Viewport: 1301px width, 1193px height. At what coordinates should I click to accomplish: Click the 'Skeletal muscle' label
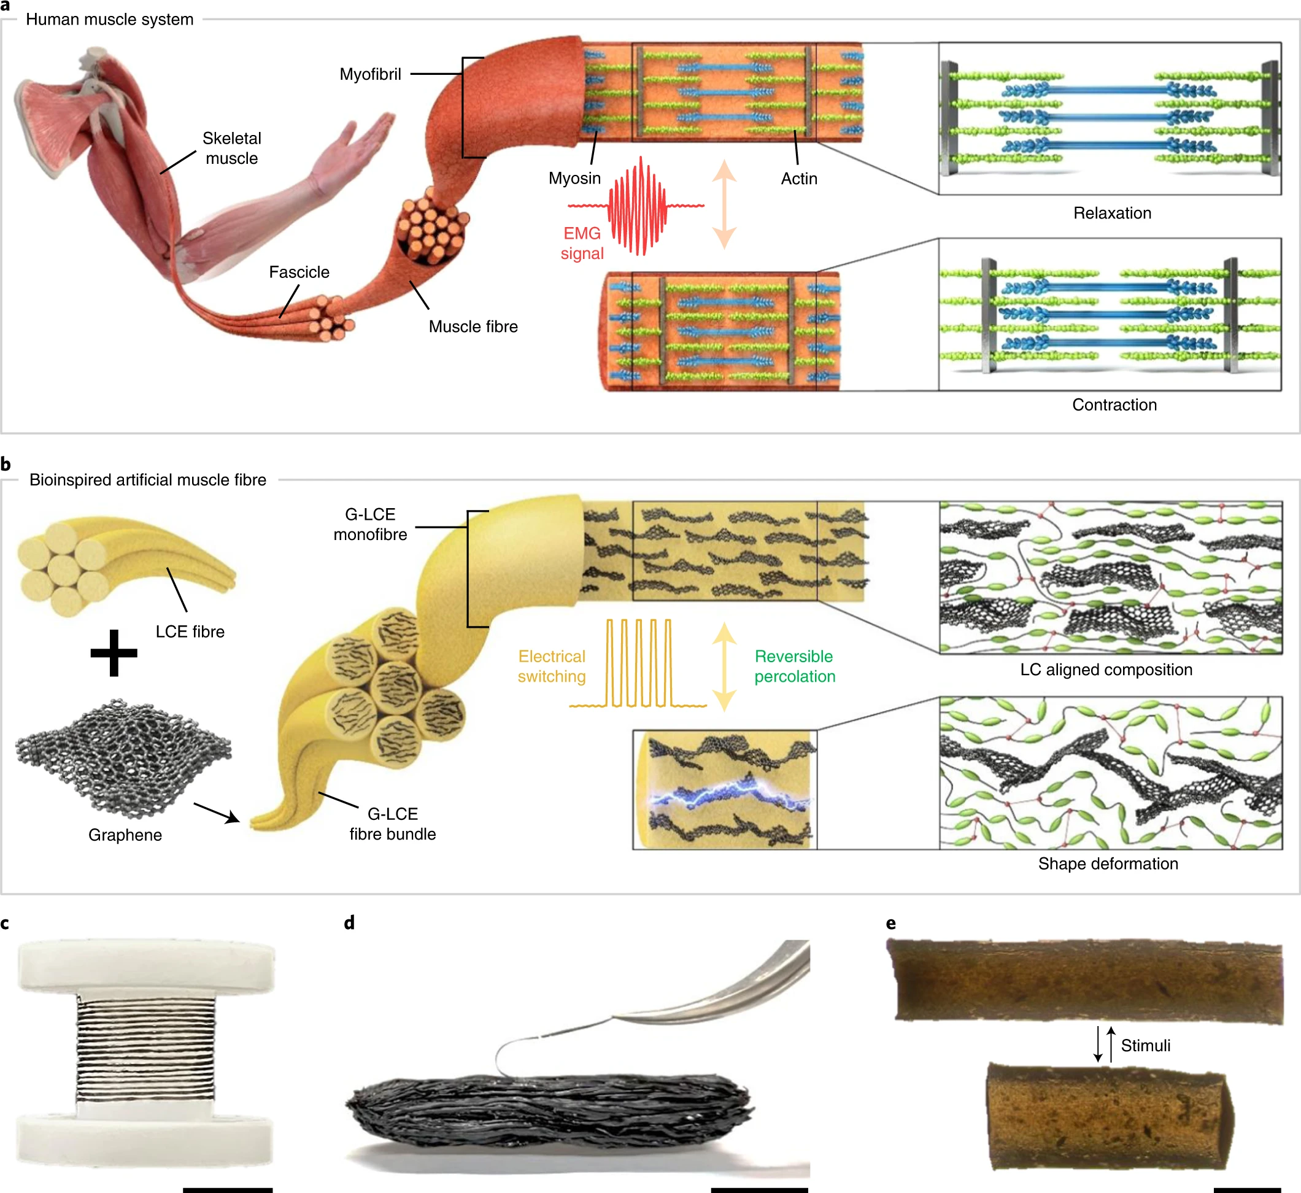click(x=231, y=148)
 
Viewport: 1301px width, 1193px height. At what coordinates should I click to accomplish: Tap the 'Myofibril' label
click(x=370, y=74)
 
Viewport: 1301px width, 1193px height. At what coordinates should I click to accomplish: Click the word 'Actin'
click(x=798, y=179)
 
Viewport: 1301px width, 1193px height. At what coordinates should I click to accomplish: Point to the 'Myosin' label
click(x=574, y=178)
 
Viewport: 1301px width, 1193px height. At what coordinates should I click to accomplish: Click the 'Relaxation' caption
click(x=1112, y=213)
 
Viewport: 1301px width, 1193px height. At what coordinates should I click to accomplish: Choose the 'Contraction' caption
click(x=1114, y=405)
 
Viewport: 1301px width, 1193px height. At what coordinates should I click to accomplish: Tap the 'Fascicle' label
click(x=299, y=272)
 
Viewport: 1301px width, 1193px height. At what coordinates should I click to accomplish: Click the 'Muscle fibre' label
click(x=473, y=326)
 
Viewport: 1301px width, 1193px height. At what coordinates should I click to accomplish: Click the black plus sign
click(x=114, y=653)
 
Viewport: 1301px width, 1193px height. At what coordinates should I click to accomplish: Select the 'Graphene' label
click(x=125, y=835)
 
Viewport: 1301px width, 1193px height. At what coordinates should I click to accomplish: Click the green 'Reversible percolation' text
click(x=794, y=666)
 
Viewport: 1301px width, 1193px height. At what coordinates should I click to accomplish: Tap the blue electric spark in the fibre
click(x=730, y=793)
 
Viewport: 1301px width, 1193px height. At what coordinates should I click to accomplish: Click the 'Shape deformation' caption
click(x=1108, y=864)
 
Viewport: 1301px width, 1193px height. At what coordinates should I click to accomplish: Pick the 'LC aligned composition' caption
click(x=1106, y=670)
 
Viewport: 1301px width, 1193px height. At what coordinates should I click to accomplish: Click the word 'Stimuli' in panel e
click(x=1145, y=1045)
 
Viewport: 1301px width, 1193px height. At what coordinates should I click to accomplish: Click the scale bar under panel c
click(x=227, y=1189)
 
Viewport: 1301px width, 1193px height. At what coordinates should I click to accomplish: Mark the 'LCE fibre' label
click(x=190, y=631)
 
